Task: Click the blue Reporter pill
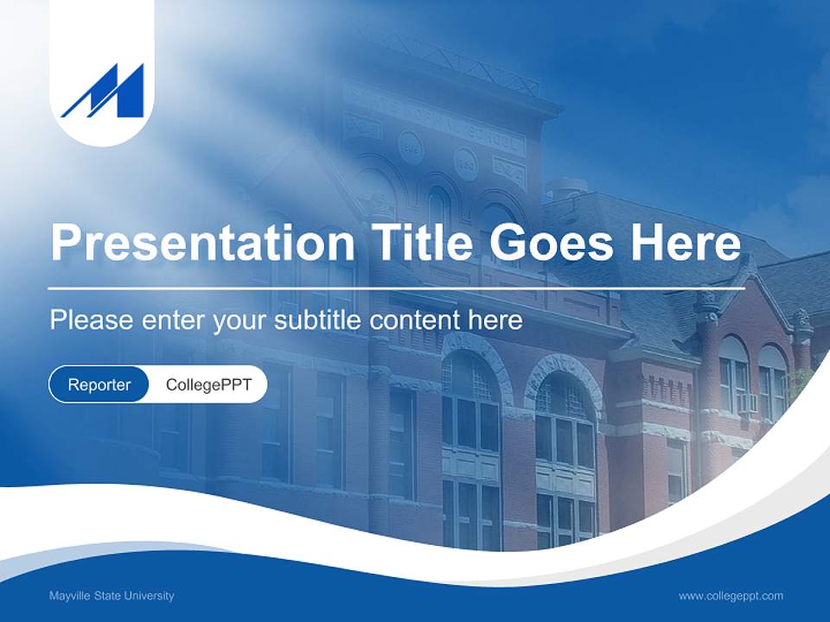(x=99, y=384)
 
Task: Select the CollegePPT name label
(x=208, y=384)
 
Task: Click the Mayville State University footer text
(x=112, y=595)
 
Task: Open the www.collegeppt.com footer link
(x=731, y=595)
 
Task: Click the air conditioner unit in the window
(x=747, y=403)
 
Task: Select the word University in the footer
(x=151, y=595)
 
